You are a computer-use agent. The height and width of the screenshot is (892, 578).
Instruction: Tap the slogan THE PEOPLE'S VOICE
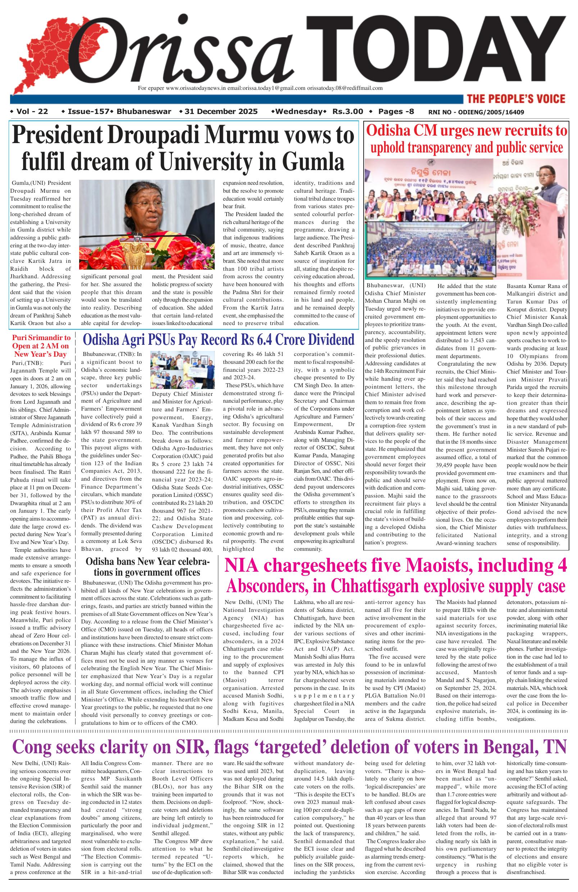(515, 99)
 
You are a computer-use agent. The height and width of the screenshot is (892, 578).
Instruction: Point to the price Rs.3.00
(348, 111)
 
